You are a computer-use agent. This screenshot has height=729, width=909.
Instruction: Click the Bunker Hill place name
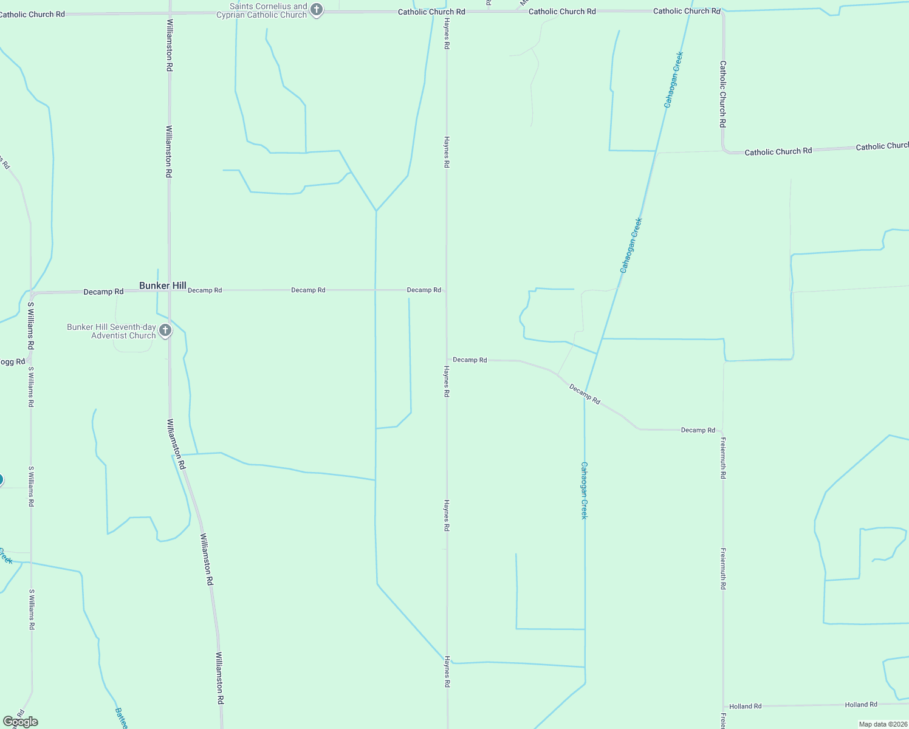tap(162, 286)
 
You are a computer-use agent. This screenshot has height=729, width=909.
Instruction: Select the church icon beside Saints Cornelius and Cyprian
tap(316, 10)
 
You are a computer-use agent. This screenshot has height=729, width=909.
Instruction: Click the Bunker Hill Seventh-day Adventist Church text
tap(111, 331)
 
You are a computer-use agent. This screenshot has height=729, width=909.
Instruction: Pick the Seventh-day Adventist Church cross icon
tap(165, 331)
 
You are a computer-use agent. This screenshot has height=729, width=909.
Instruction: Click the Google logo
tap(20, 722)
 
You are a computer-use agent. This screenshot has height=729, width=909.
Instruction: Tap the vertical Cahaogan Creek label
tap(584, 490)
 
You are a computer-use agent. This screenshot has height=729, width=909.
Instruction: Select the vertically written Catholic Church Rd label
tap(722, 94)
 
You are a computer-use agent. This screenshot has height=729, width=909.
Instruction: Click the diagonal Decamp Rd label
tap(585, 394)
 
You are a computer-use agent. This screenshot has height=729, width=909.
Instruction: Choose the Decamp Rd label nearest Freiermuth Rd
tap(698, 430)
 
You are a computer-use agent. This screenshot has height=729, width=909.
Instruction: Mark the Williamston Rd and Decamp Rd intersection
tap(170, 290)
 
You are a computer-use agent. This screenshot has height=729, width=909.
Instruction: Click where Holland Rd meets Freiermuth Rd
tap(723, 707)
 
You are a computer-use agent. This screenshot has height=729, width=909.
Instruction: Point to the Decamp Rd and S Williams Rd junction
tap(31, 293)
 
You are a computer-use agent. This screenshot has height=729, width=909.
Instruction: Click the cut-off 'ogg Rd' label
tap(12, 362)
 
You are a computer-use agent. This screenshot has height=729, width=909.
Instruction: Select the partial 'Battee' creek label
tap(121, 718)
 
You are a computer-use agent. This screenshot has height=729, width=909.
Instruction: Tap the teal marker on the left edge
tap(1, 480)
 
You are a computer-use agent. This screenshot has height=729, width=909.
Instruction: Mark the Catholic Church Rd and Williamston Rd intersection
tap(170, 13)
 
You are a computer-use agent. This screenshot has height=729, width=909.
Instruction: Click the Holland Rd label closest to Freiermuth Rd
tap(745, 706)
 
